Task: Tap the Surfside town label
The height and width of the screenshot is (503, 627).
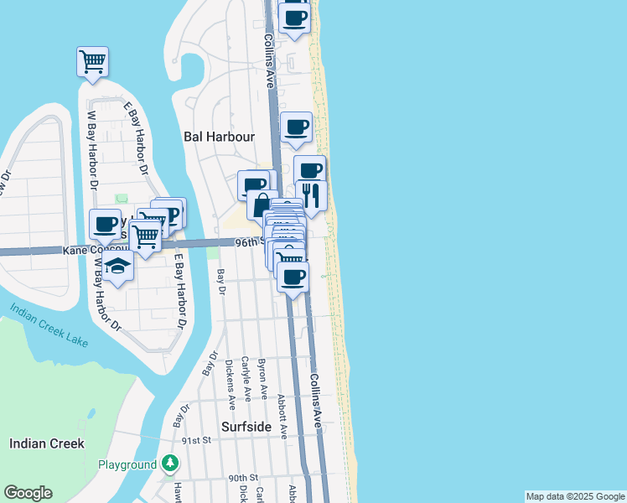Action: tap(246, 427)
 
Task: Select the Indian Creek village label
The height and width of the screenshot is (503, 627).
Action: tap(46, 443)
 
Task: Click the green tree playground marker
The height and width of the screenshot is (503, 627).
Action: tap(170, 463)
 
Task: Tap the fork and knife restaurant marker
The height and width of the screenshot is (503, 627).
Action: tap(311, 195)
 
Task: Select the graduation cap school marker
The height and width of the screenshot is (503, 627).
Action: tap(118, 267)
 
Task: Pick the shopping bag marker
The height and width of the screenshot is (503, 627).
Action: tap(262, 205)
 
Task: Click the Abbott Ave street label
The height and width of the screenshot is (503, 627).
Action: tap(282, 417)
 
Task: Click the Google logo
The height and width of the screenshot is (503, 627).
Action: tap(28, 493)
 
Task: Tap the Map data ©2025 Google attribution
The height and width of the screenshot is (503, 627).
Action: tap(574, 496)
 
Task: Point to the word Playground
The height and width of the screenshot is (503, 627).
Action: tap(127, 464)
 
